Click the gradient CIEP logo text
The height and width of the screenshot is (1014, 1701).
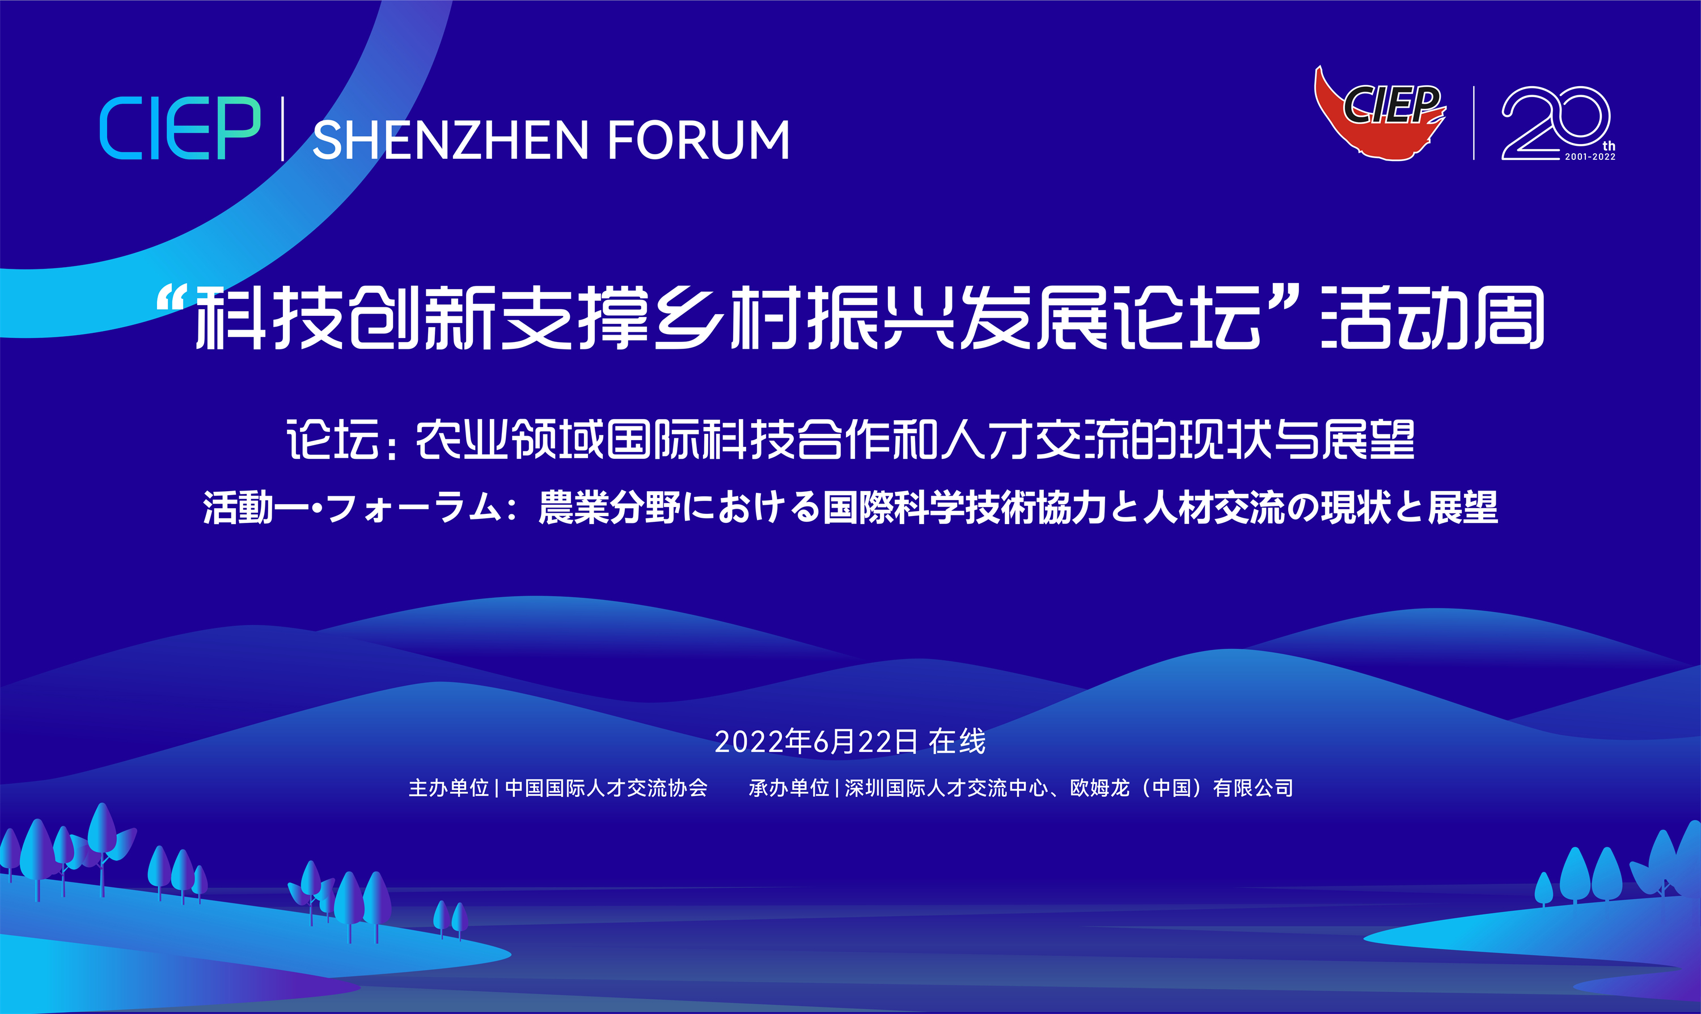click(x=180, y=129)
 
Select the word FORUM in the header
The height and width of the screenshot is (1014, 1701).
click(x=698, y=140)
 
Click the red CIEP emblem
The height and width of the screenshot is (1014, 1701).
click(x=1380, y=113)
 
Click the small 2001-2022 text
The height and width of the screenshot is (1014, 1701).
click(x=1590, y=157)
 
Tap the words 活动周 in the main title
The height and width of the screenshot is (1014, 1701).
click(x=1433, y=318)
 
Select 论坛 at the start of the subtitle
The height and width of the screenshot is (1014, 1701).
click(x=333, y=440)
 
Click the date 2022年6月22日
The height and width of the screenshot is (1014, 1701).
click(x=816, y=742)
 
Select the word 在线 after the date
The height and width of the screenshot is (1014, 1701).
click(x=957, y=742)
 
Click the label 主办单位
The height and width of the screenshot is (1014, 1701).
click(x=449, y=788)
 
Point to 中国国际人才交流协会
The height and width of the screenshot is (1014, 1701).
click(x=606, y=788)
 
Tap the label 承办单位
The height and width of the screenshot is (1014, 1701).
click(x=789, y=788)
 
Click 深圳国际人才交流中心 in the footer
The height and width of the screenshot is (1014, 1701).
click(x=946, y=788)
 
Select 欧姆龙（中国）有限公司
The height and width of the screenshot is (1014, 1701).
click(x=1182, y=788)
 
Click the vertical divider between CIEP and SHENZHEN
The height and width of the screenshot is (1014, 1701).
click(x=283, y=129)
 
